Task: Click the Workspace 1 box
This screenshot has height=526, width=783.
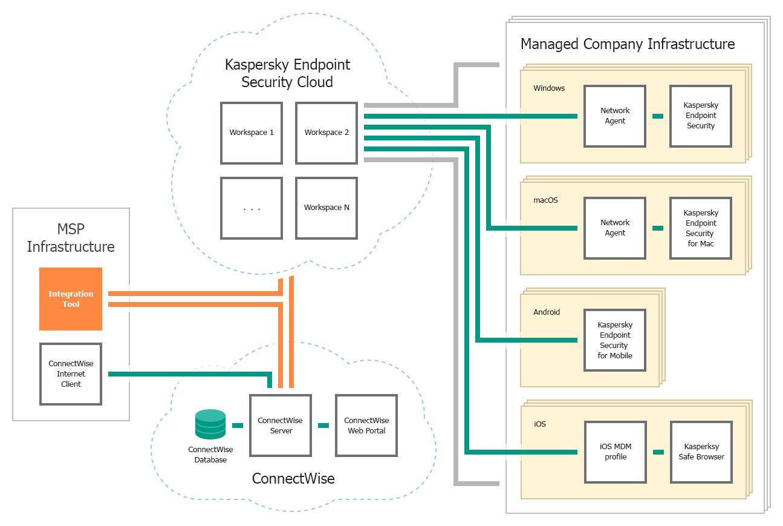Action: tap(252, 133)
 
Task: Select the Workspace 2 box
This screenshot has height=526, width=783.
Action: tap(327, 133)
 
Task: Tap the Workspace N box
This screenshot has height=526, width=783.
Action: tap(327, 208)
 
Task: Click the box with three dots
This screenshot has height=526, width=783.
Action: tap(252, 208)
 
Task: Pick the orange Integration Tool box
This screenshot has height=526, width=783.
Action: tap(71, 299)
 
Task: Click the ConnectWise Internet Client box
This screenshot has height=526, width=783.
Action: tap(71, 374)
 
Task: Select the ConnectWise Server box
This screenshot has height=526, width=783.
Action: tap(281, 426)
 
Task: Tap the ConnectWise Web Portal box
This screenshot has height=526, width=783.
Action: tap(366, 426)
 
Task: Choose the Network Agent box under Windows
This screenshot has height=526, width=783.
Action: tap(615, 116)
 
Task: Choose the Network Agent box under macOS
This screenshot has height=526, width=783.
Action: tap(615, 228)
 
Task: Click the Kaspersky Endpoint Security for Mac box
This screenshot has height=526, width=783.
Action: tap(701, 228)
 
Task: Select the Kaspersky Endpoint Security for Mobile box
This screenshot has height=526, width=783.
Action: tap(615, 340)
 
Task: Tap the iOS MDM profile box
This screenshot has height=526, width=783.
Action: tap(615, 452)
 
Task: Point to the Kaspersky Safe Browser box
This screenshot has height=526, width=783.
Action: tap(701, 452)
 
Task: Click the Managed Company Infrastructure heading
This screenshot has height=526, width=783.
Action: tap(628, 44)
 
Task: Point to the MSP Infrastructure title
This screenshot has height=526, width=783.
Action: tap(71, 238)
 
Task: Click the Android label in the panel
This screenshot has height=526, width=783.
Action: tap(547, 312)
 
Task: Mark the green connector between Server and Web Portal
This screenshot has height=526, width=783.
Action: tap(323, 426)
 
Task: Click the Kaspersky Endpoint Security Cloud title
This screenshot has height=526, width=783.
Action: tap(287, 73)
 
